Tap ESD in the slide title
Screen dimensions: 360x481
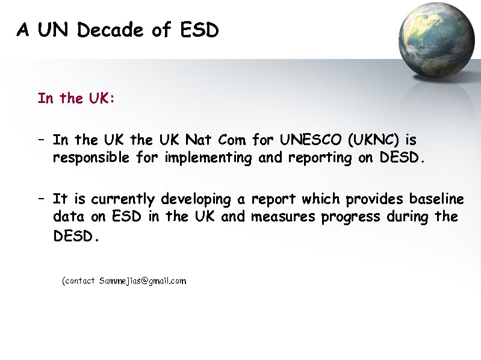199,29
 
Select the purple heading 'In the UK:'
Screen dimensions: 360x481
76,98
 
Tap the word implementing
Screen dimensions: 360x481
200,158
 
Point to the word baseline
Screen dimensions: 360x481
436,199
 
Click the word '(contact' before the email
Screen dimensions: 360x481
79,281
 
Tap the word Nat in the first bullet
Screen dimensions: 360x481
198,140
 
